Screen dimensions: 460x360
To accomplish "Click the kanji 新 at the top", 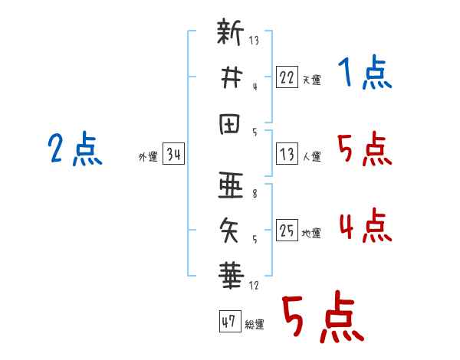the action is [230, 31].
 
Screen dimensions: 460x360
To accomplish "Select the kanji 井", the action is [232, 77].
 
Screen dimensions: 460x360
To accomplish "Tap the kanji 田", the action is [230, 124].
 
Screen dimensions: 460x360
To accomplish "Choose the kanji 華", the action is [231, 276].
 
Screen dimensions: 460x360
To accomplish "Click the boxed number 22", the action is [287, 77].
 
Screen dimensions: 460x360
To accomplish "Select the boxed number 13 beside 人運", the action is [287, 154].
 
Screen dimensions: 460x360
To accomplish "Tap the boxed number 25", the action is [287, 230].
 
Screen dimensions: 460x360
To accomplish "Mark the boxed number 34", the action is [173, 153].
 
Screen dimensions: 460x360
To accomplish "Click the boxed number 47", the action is [230, 321].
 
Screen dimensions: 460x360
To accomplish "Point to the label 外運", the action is [148, 157].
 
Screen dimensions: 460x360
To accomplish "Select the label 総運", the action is [255, 325].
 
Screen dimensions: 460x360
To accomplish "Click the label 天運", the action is [312, 80].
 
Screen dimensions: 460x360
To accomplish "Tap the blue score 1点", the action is [365, 72].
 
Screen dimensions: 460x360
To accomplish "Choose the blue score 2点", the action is [75, 149].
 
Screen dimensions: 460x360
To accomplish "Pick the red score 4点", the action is [366, 226].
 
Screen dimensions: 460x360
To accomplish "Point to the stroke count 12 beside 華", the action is [254, 285].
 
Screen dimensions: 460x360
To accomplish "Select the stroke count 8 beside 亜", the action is [255, 194].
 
